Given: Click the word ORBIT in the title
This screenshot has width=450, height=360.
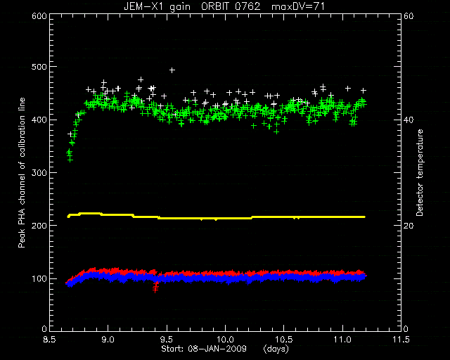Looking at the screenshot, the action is click(x=216, y=6).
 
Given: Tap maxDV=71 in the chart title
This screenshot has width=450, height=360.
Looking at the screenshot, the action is click(x=298, y=6).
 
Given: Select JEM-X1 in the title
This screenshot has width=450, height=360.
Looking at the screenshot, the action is click(x=143, y=6).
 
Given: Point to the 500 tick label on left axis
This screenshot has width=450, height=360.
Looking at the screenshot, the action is click(x=39, y=67).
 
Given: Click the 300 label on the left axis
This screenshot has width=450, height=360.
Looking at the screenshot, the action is click(x=39, y=173).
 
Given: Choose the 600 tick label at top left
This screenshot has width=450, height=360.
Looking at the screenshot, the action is click(x=39, y=15).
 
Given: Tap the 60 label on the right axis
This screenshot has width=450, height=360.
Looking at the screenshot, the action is click(x=409, y=15).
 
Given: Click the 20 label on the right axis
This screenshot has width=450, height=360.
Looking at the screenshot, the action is click(x=409, y=226).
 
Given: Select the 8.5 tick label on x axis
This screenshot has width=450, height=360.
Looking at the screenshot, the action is click(x=50, y=340).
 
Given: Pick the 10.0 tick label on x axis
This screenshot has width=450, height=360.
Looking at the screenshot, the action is click(x=226, y=340).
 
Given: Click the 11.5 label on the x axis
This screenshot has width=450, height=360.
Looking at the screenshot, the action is click(x=401, y=340).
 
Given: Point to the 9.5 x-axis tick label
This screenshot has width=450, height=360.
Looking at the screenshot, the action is click(x=167, y=340).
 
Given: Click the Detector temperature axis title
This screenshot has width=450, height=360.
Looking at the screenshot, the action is click(x=420, y=172).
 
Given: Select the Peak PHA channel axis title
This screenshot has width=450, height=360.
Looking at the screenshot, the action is click(x=22, y=172).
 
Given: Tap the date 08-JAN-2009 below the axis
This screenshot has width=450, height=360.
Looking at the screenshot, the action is click(x=217, y=349).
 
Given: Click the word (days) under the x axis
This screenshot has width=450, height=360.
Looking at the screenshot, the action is click(x=276, y=349).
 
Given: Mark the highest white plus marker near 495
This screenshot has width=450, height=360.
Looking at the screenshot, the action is click(x=172, y=70).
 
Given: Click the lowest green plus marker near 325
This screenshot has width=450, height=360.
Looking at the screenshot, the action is click(x=70, y=160).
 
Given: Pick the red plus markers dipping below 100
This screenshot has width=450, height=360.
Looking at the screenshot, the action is click(x=156, y=287).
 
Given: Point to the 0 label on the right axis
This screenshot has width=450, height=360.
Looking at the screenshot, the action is click(x=406, y=329).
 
